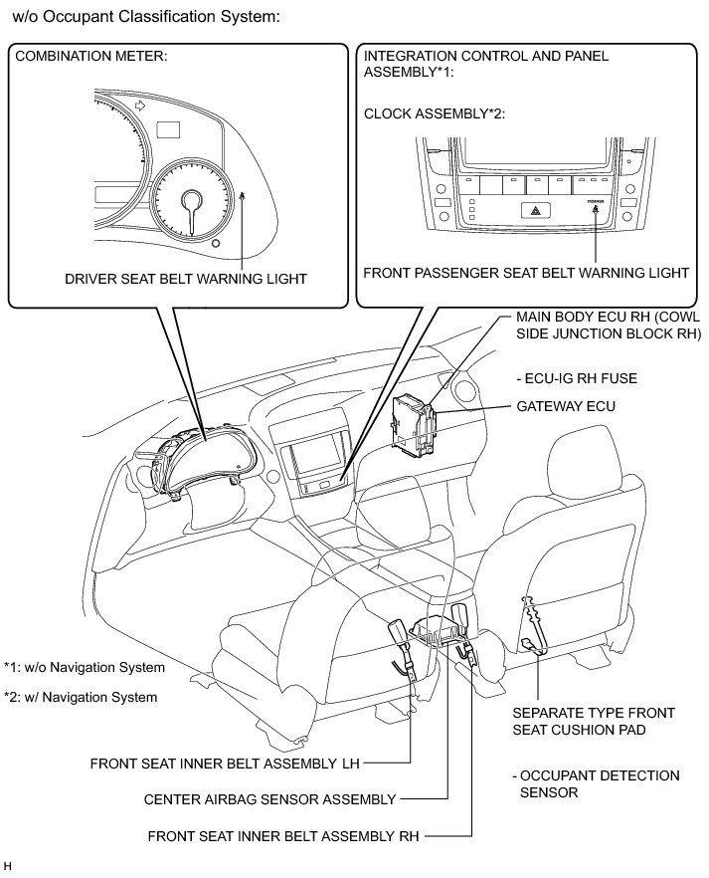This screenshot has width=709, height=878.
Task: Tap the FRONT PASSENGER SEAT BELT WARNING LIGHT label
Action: [526, 272]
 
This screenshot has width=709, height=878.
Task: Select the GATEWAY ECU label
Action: [566, 407]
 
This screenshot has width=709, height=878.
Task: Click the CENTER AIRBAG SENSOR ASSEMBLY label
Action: [269, 798]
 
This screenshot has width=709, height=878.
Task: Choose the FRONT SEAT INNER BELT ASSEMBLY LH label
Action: [224, 765]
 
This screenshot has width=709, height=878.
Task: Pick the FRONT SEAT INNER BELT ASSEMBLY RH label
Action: [282, 836]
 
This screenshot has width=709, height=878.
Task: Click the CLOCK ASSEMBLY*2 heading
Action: [436, 114]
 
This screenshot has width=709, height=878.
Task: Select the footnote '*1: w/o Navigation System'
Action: [85, 667]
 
